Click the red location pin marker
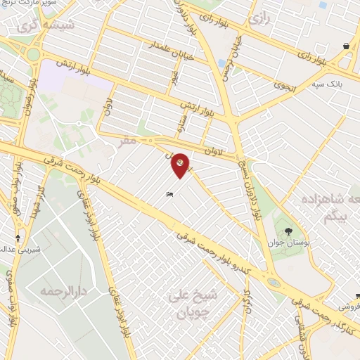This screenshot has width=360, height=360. pyautogui.click(x=180, y=164)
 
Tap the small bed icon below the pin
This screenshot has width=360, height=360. pyautogui.click(x=169, y=194)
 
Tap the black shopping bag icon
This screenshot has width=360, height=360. pyautogui.click(x=347, y=46)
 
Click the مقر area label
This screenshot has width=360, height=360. pyautogui.click(x=127, y=141)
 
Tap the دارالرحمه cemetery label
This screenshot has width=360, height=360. pyautogui.click(x=63, y=290)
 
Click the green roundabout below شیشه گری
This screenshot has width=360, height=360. pyautogui.click(x=33, y=53)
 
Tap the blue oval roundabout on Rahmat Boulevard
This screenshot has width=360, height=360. pyautogui.click(x=273, y=282)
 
